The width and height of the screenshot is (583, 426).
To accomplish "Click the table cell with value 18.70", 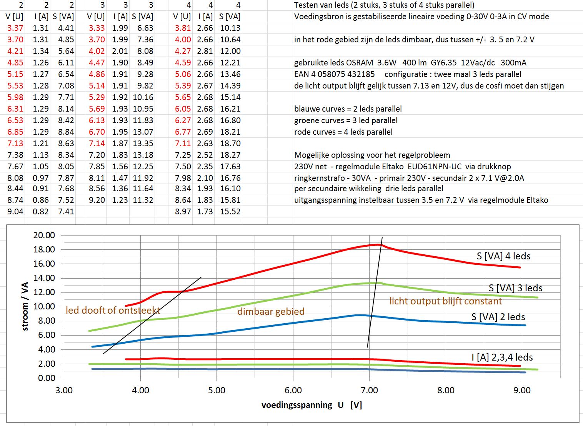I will coord(230,144).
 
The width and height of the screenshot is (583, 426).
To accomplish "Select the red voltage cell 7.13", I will coord(15,144).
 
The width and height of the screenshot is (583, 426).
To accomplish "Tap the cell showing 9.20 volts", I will coord(97,200).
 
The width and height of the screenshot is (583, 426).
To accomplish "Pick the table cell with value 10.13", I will coord(230,28).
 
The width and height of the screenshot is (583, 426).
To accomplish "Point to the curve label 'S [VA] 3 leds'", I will coord(515,288).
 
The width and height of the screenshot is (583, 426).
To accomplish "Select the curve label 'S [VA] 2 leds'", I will coord(498,317).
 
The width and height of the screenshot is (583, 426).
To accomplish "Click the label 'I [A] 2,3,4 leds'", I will coord(502,358).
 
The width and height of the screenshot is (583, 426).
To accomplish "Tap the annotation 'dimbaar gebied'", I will coord(271,312).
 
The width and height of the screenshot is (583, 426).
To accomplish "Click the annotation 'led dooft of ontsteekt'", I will coord(113,311).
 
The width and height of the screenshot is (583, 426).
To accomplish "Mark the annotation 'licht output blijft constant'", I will coord(445,301).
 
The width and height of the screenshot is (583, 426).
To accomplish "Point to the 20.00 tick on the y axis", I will coord(44,235).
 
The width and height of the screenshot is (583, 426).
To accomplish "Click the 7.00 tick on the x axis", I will coord(369,391).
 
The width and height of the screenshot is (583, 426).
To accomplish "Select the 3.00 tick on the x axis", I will coord(64,391).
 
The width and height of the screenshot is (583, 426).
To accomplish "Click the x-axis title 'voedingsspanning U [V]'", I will coord(311,405).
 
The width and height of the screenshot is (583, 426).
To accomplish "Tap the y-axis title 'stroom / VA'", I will coord(25,306).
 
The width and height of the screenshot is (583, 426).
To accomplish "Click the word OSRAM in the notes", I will coord(359,63).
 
